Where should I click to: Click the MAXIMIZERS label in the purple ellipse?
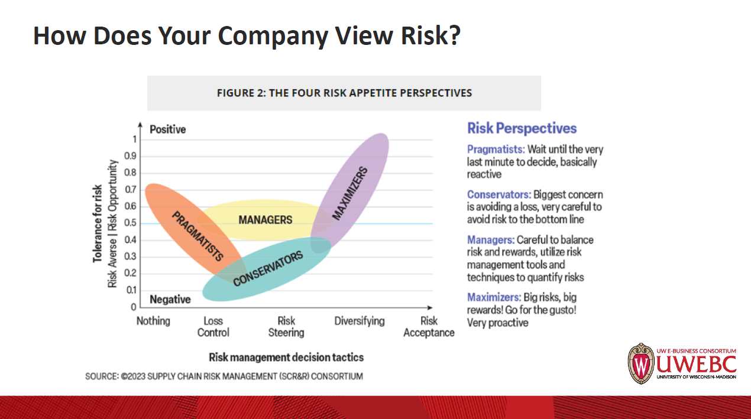point(350,194)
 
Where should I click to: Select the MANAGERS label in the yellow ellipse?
point(266,220)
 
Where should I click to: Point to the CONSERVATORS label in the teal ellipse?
point(268,268)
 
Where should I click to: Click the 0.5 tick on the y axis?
point(130,223)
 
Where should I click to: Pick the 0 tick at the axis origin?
point(134,307)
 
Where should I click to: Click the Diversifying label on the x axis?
point(360,321)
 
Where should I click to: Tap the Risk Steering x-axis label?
point(286,327)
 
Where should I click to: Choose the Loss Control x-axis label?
point(213,327)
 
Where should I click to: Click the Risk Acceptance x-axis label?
point(429,327)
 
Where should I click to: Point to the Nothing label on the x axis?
point(153,321)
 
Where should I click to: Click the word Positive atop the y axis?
point(167,129)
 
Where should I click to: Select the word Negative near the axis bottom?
point(170,300)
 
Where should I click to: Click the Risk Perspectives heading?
point(522,128)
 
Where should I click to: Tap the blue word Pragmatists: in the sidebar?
point(496,150)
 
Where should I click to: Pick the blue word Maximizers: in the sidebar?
point(494,297)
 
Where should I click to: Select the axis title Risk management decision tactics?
point(286,357)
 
